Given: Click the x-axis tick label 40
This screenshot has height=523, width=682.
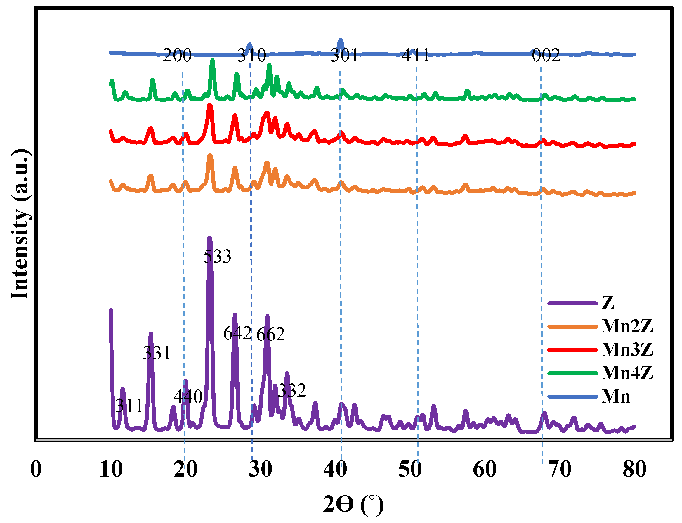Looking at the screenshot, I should pos(335,469).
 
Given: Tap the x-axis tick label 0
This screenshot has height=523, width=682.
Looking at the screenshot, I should pos(36,469).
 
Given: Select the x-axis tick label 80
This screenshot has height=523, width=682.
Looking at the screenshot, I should pos(634,469).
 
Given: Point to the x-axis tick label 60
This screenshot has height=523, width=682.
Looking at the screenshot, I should pos(485,469).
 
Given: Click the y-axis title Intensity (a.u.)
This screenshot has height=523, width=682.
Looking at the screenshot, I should pos(20,224).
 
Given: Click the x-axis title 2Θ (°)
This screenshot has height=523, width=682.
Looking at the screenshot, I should pos(353,504).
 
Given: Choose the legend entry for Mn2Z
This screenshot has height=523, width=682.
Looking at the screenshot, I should pos(627,326).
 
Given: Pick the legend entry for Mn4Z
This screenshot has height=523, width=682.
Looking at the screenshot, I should pos(627,373).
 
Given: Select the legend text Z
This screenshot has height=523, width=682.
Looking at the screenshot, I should pos(608,303).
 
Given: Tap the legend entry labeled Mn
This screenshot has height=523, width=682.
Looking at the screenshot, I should pos(616,396).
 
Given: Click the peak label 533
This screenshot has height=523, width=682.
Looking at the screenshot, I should pos(218,257).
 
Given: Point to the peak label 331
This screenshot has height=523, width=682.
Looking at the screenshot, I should pos(157,353).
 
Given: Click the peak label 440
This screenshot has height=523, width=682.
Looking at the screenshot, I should pos(188,396).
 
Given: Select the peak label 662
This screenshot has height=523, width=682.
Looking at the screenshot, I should pos(270,334).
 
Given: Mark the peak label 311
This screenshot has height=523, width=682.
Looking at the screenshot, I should pos(129,406).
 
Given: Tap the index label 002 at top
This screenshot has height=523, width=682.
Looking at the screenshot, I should pos(546,56).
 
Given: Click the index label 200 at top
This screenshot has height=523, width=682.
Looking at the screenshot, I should pos(177,56).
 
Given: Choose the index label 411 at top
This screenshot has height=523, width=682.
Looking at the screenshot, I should pos(416,56).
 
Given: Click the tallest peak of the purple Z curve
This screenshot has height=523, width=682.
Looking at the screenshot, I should pos(210,238).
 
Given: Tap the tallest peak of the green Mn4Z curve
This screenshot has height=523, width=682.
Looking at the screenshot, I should pos(213,61).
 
